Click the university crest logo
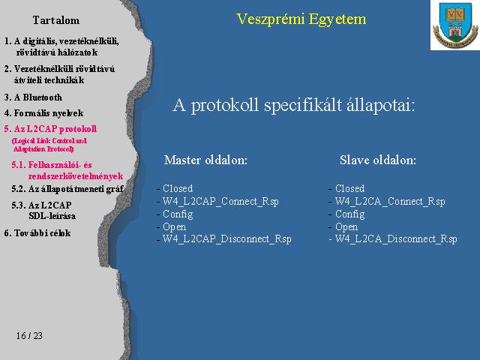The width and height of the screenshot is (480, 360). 455,25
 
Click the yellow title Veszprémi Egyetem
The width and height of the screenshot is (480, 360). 301,19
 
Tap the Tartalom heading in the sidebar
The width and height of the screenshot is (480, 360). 56,20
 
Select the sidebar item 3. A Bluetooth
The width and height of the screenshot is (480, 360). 33,97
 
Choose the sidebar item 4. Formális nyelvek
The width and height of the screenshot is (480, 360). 43,113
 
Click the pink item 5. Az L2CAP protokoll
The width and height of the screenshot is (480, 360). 50,129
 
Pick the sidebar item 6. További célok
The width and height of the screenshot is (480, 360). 37,233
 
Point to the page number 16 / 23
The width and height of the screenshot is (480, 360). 29,336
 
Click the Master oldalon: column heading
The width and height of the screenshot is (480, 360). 205,160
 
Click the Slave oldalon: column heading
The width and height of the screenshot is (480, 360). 378,160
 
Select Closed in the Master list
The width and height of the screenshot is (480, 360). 178,188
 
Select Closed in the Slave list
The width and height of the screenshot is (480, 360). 350,188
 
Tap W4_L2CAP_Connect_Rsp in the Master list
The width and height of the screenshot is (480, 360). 220,202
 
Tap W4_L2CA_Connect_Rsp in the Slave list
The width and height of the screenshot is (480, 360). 390,202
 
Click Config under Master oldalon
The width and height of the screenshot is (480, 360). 178,214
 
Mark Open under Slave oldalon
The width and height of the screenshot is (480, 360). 346,226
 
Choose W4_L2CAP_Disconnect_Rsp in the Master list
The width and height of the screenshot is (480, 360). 226,238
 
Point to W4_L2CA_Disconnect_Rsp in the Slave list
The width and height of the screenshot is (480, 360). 396,238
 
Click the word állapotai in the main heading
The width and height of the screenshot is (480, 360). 380,106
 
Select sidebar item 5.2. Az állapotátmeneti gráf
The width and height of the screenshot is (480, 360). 67,189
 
